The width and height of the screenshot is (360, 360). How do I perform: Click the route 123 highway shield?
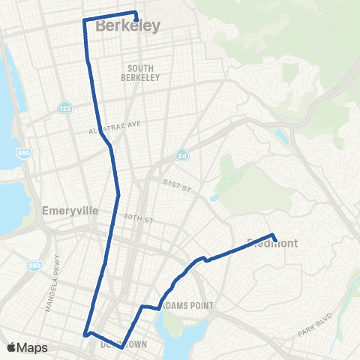pyautogui.click(x=65, y=108)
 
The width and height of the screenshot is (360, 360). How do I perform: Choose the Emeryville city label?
pyautogui.click(x=71, y=211)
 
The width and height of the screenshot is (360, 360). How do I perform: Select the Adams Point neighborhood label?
pyautogui.click(x=188, y=306)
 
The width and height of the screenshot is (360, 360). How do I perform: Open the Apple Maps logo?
pyautogui.click(x=28, y=347)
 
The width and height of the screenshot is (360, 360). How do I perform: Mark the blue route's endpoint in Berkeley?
pyautogui.click(x=136, y=20)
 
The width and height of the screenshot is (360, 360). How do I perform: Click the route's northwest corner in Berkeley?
pyautogui.click(x=83, y=20)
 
